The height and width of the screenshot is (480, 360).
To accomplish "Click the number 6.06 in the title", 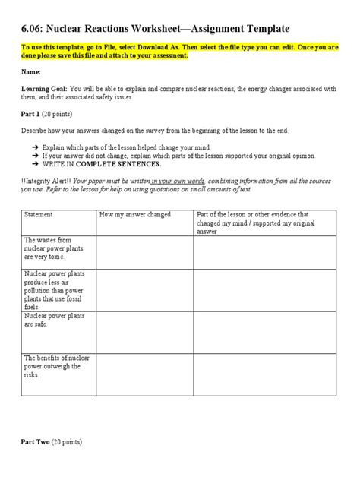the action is pos(28,29).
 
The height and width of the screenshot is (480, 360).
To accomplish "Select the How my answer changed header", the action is pos(134,215).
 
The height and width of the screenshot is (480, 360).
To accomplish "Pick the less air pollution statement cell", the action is pos(53,289).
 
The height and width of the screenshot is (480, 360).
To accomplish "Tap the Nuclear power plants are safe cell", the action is pos(53,318).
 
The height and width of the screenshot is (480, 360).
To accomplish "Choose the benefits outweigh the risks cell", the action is pos(53,365).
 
